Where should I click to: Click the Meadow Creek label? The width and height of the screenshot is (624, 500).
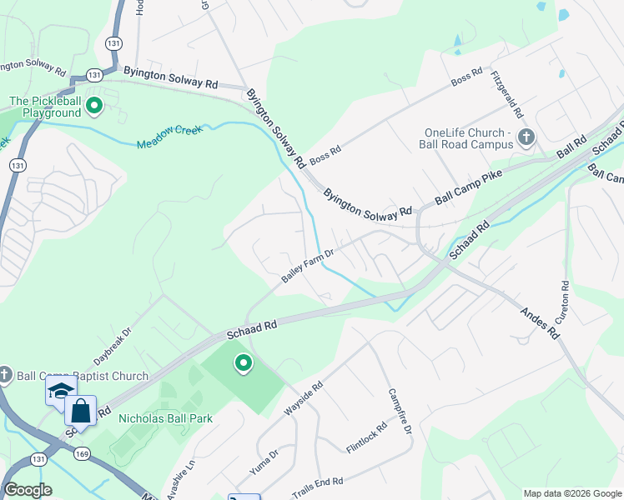click(170, 137)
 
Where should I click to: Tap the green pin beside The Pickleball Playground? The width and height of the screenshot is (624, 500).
click(94, 105)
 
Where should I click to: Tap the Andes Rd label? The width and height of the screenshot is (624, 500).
click(540, 322)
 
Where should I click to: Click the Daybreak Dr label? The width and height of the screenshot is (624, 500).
click(113, 344)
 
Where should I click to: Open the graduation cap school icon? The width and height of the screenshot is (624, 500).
click(60, 389)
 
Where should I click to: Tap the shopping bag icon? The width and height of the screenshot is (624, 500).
click(81, 410)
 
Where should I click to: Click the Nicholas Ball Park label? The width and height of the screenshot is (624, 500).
click(165, 418)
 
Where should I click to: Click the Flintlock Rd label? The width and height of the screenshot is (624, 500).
click(366, 438)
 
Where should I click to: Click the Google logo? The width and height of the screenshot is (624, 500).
click(28, 490)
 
